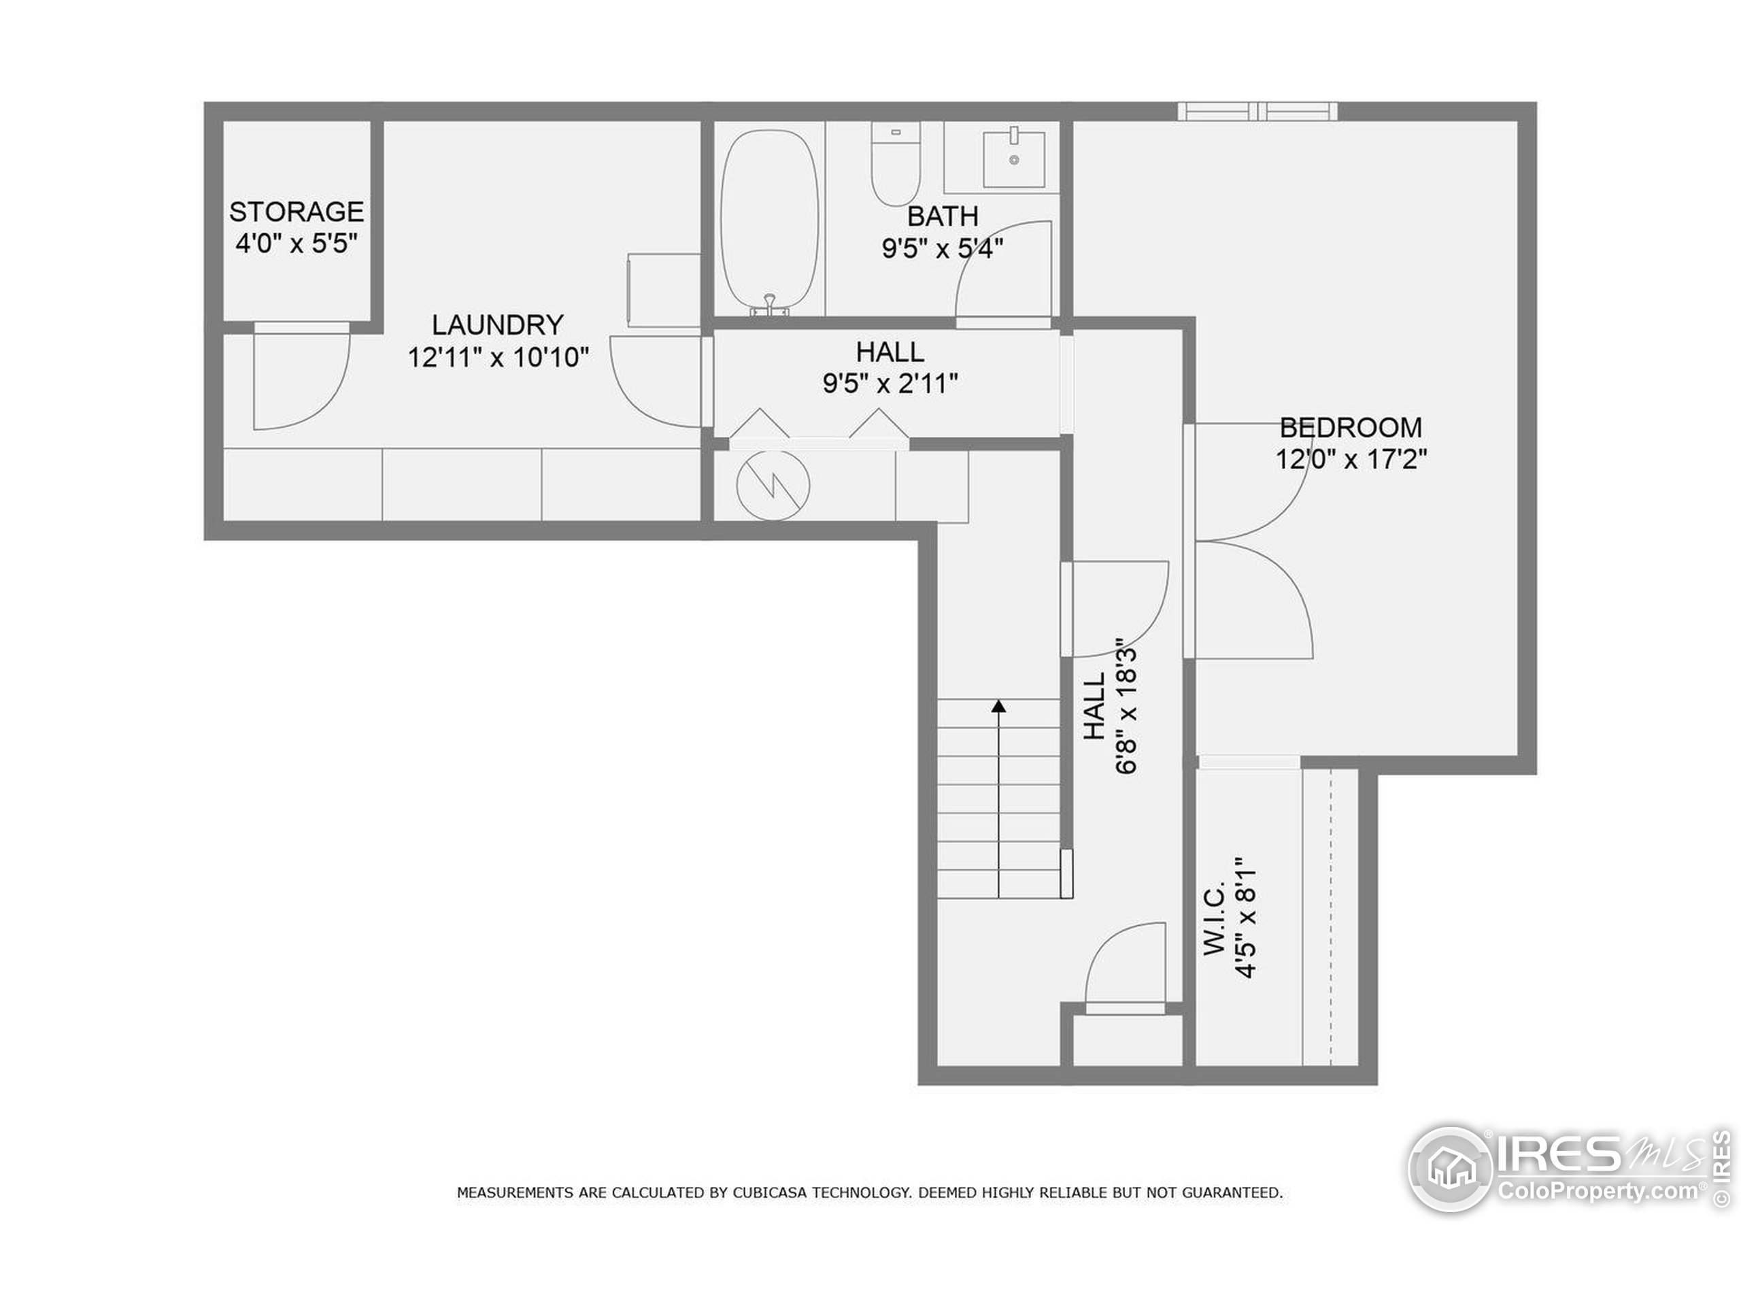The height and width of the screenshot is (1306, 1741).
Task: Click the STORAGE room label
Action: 296,212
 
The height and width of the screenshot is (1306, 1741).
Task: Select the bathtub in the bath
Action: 769,220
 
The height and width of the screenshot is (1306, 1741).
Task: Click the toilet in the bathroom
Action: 896,164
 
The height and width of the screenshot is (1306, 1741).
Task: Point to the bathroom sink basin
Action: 1014,160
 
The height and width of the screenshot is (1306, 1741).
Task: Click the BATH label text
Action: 942,216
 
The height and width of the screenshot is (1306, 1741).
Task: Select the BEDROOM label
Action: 1351,427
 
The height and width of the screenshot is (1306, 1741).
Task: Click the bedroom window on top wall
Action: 1257,111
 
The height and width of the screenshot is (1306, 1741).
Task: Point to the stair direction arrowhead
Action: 999,706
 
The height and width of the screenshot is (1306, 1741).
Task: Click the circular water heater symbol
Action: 773,486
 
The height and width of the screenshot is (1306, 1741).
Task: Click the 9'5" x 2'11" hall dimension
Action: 890,384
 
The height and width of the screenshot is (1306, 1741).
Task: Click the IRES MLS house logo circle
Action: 1450,1169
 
